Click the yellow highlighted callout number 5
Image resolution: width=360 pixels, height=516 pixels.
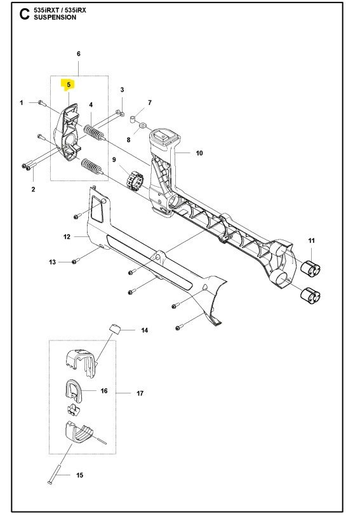coord(66,83)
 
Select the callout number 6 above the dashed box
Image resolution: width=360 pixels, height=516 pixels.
coord(78,54)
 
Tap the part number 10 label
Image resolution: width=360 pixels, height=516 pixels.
coord(199,153)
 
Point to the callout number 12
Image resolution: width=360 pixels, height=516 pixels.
coord(66,236)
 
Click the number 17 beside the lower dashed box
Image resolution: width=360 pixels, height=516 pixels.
coord(140,394)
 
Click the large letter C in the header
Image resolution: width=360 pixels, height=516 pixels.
coord(24,14)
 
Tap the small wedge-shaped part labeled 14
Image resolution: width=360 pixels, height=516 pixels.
coord(114,328)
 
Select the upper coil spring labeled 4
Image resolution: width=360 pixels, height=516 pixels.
coord(93,135)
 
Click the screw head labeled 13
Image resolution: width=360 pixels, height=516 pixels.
coord(75,261)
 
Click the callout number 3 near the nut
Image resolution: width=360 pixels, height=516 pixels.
coord(122,90)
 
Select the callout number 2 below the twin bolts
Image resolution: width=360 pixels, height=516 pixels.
coord(33,189)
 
